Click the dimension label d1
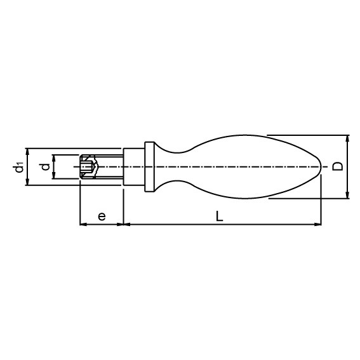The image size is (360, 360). point(18,167)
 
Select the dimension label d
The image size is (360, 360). point(46,167)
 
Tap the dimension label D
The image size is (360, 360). point(338,166)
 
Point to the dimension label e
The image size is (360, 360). point(102,217)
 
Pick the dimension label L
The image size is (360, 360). point(220,217)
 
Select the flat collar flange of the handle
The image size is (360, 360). point(149,167)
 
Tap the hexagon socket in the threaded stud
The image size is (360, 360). point(87,167)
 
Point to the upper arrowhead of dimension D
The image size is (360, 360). point(347,138)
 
